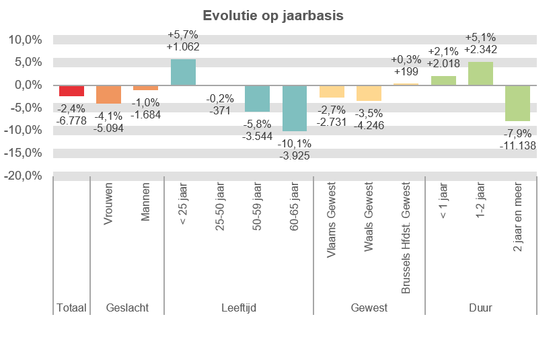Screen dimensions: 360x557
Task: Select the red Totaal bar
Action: tap(71, 91)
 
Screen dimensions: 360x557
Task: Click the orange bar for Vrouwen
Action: tap(108, 94)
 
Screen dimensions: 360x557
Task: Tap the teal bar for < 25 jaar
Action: tap(183, 72)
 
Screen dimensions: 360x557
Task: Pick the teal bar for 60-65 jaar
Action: tap(295, 108)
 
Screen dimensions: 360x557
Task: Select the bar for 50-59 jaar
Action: tap(257, 98)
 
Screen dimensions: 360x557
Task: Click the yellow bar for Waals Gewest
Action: tap(369, 93)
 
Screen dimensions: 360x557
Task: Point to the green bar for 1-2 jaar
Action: tap(480, 73)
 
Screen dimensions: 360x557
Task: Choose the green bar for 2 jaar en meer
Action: tap(517, 103)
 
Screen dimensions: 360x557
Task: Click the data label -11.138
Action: tap(517, 145)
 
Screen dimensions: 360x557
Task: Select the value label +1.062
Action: tap(183, 48)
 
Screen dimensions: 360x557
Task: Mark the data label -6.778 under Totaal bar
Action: tap(71, 120)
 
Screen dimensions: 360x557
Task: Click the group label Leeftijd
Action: tap(239, 308)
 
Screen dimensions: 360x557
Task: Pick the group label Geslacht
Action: tap(127, 308)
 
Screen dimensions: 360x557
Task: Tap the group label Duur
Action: tap(480, 308)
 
